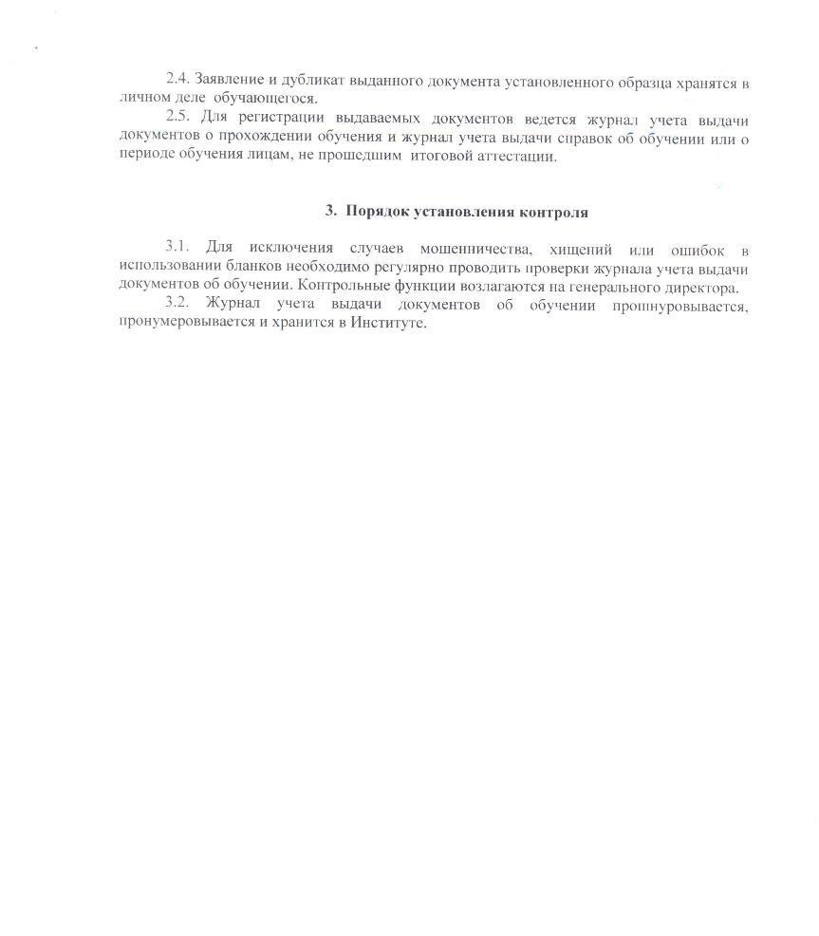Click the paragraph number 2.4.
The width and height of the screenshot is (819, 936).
(177, 83)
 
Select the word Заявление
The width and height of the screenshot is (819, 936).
(227, 83)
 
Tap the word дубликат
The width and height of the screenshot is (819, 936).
(305, 83)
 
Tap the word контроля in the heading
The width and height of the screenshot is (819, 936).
(554, 212)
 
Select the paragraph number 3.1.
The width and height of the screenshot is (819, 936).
(177, 250)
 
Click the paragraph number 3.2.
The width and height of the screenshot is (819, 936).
(177, 307)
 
